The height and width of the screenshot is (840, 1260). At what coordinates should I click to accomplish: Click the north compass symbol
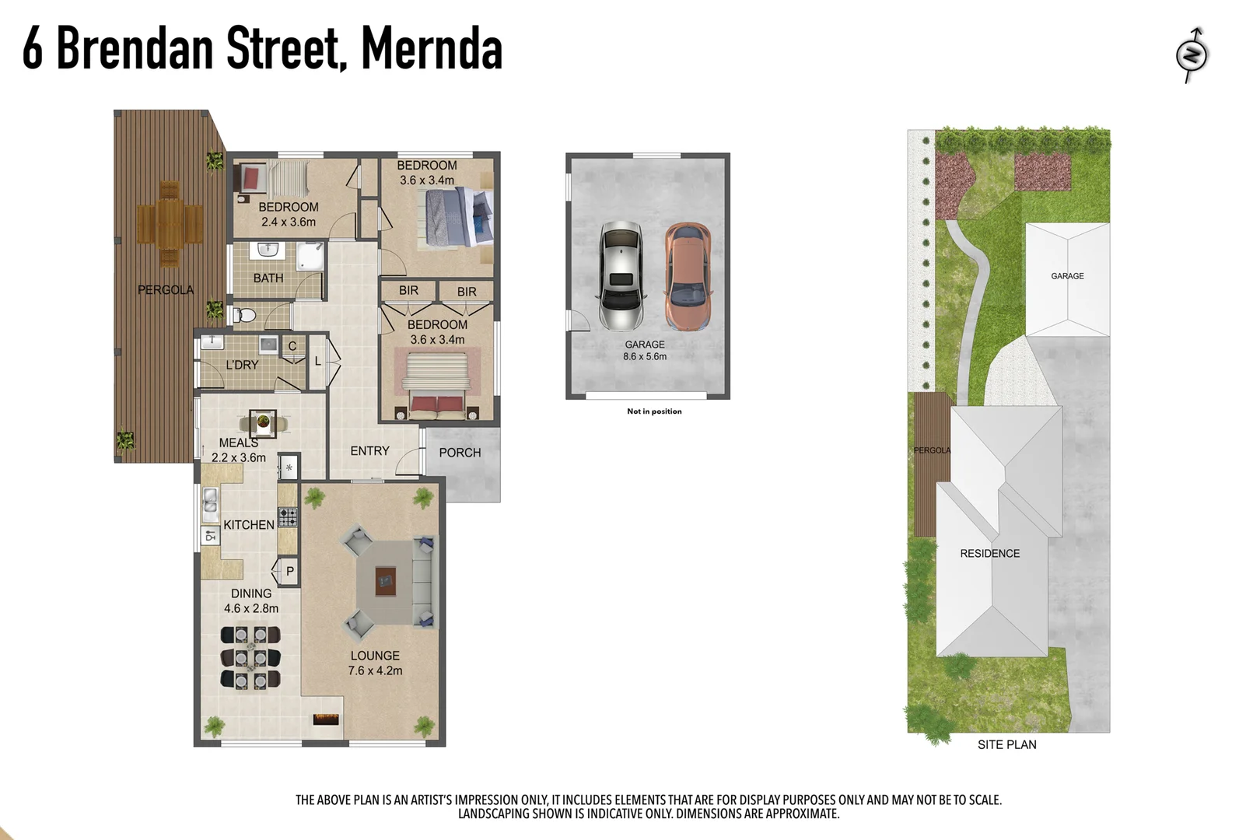point(1192,54)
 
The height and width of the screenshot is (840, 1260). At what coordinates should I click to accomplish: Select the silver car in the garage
point(621,275)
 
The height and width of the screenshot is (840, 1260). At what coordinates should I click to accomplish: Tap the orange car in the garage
point(688,275)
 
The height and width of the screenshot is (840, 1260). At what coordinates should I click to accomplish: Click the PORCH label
point(460,453)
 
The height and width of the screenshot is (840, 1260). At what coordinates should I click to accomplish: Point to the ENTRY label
point(369,451)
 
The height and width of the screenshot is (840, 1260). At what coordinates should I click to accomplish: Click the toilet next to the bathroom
point(244,315)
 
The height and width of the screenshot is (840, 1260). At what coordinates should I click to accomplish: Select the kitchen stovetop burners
point(288,516)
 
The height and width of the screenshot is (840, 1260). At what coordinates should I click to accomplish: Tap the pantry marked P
point(289,571)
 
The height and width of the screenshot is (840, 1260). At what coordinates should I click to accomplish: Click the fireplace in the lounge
point(326,719)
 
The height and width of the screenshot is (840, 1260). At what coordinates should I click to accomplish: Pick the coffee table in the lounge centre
point(385,579)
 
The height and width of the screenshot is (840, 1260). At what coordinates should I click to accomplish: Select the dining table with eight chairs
point(250,658)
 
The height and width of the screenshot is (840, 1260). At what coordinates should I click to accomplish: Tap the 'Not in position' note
point(654,411)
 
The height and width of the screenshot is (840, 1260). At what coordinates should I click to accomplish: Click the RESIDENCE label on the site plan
point(989,554)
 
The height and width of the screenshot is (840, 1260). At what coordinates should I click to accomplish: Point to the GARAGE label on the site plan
point(1067,276)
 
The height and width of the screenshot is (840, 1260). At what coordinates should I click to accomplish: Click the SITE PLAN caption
point(1006,745)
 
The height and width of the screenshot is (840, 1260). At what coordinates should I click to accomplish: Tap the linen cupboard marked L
point(318,361)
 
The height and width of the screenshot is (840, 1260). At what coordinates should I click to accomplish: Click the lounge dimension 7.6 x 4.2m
point(375,670)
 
